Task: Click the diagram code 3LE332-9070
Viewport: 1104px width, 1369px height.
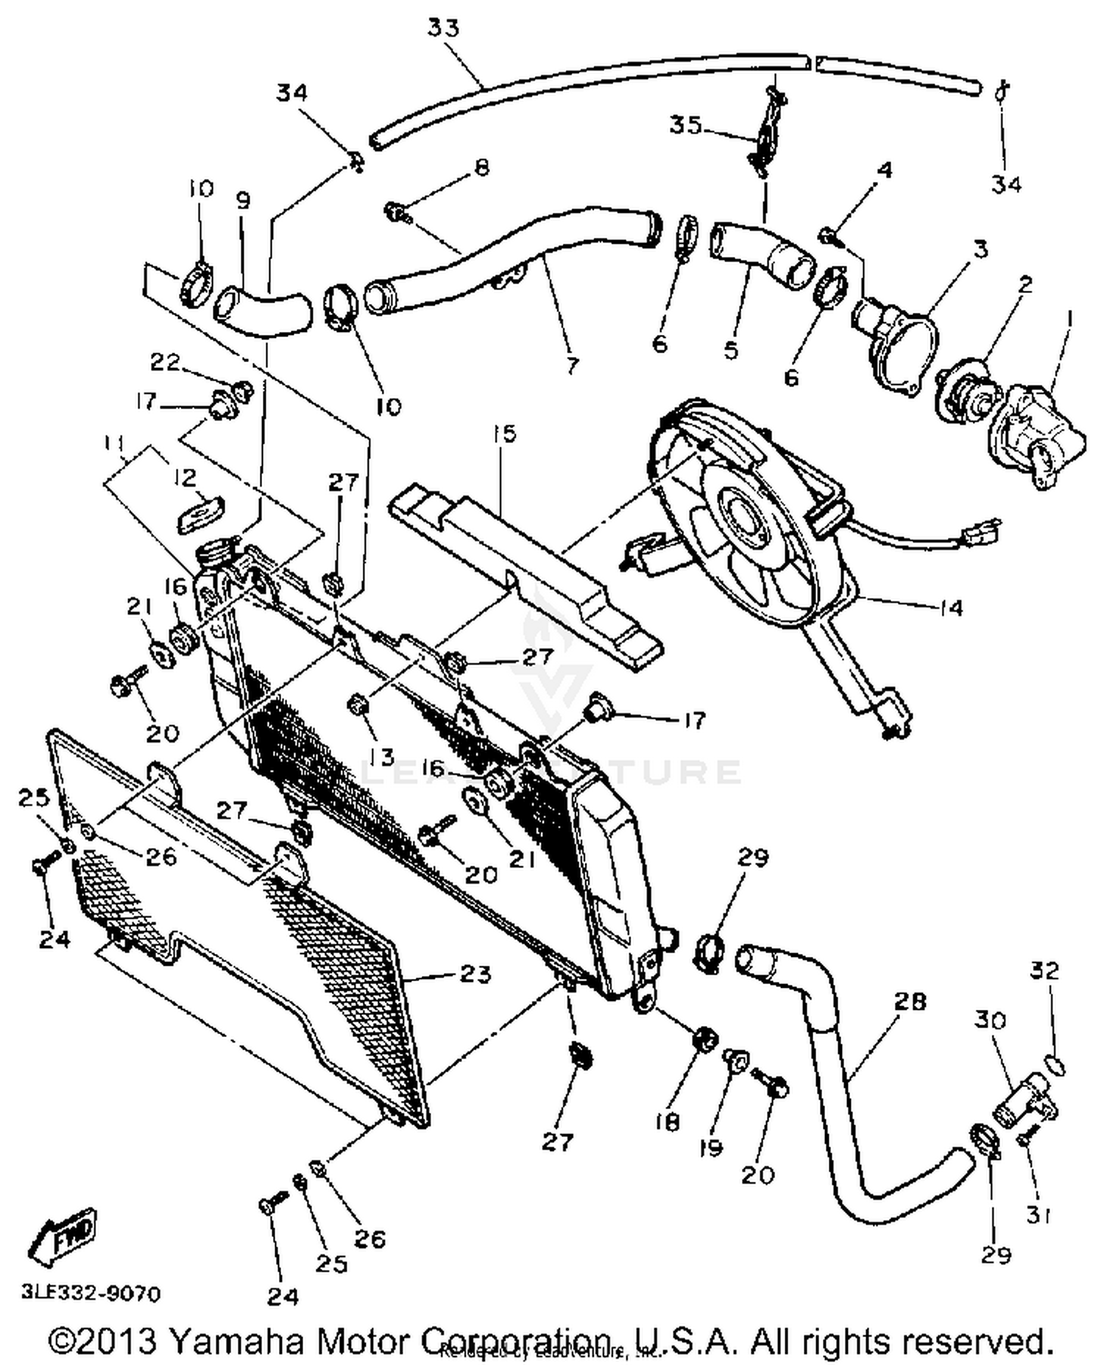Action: pos(91,1293)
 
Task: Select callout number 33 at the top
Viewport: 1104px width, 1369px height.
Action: pos(443,28)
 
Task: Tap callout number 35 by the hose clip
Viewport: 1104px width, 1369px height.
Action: pos(684,125)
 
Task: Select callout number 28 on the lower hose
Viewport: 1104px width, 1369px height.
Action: pos(910,1002)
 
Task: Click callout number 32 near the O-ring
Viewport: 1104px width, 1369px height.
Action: pos(1044,971)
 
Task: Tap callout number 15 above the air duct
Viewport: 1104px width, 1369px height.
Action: pos(505,434)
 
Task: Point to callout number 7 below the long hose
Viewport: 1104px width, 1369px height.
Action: pos(572,365)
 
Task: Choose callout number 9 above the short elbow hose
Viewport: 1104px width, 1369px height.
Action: pos(242,200)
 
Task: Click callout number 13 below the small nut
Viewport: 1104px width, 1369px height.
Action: pos(382,756)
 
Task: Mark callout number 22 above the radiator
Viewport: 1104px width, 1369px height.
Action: pos(165,362)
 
